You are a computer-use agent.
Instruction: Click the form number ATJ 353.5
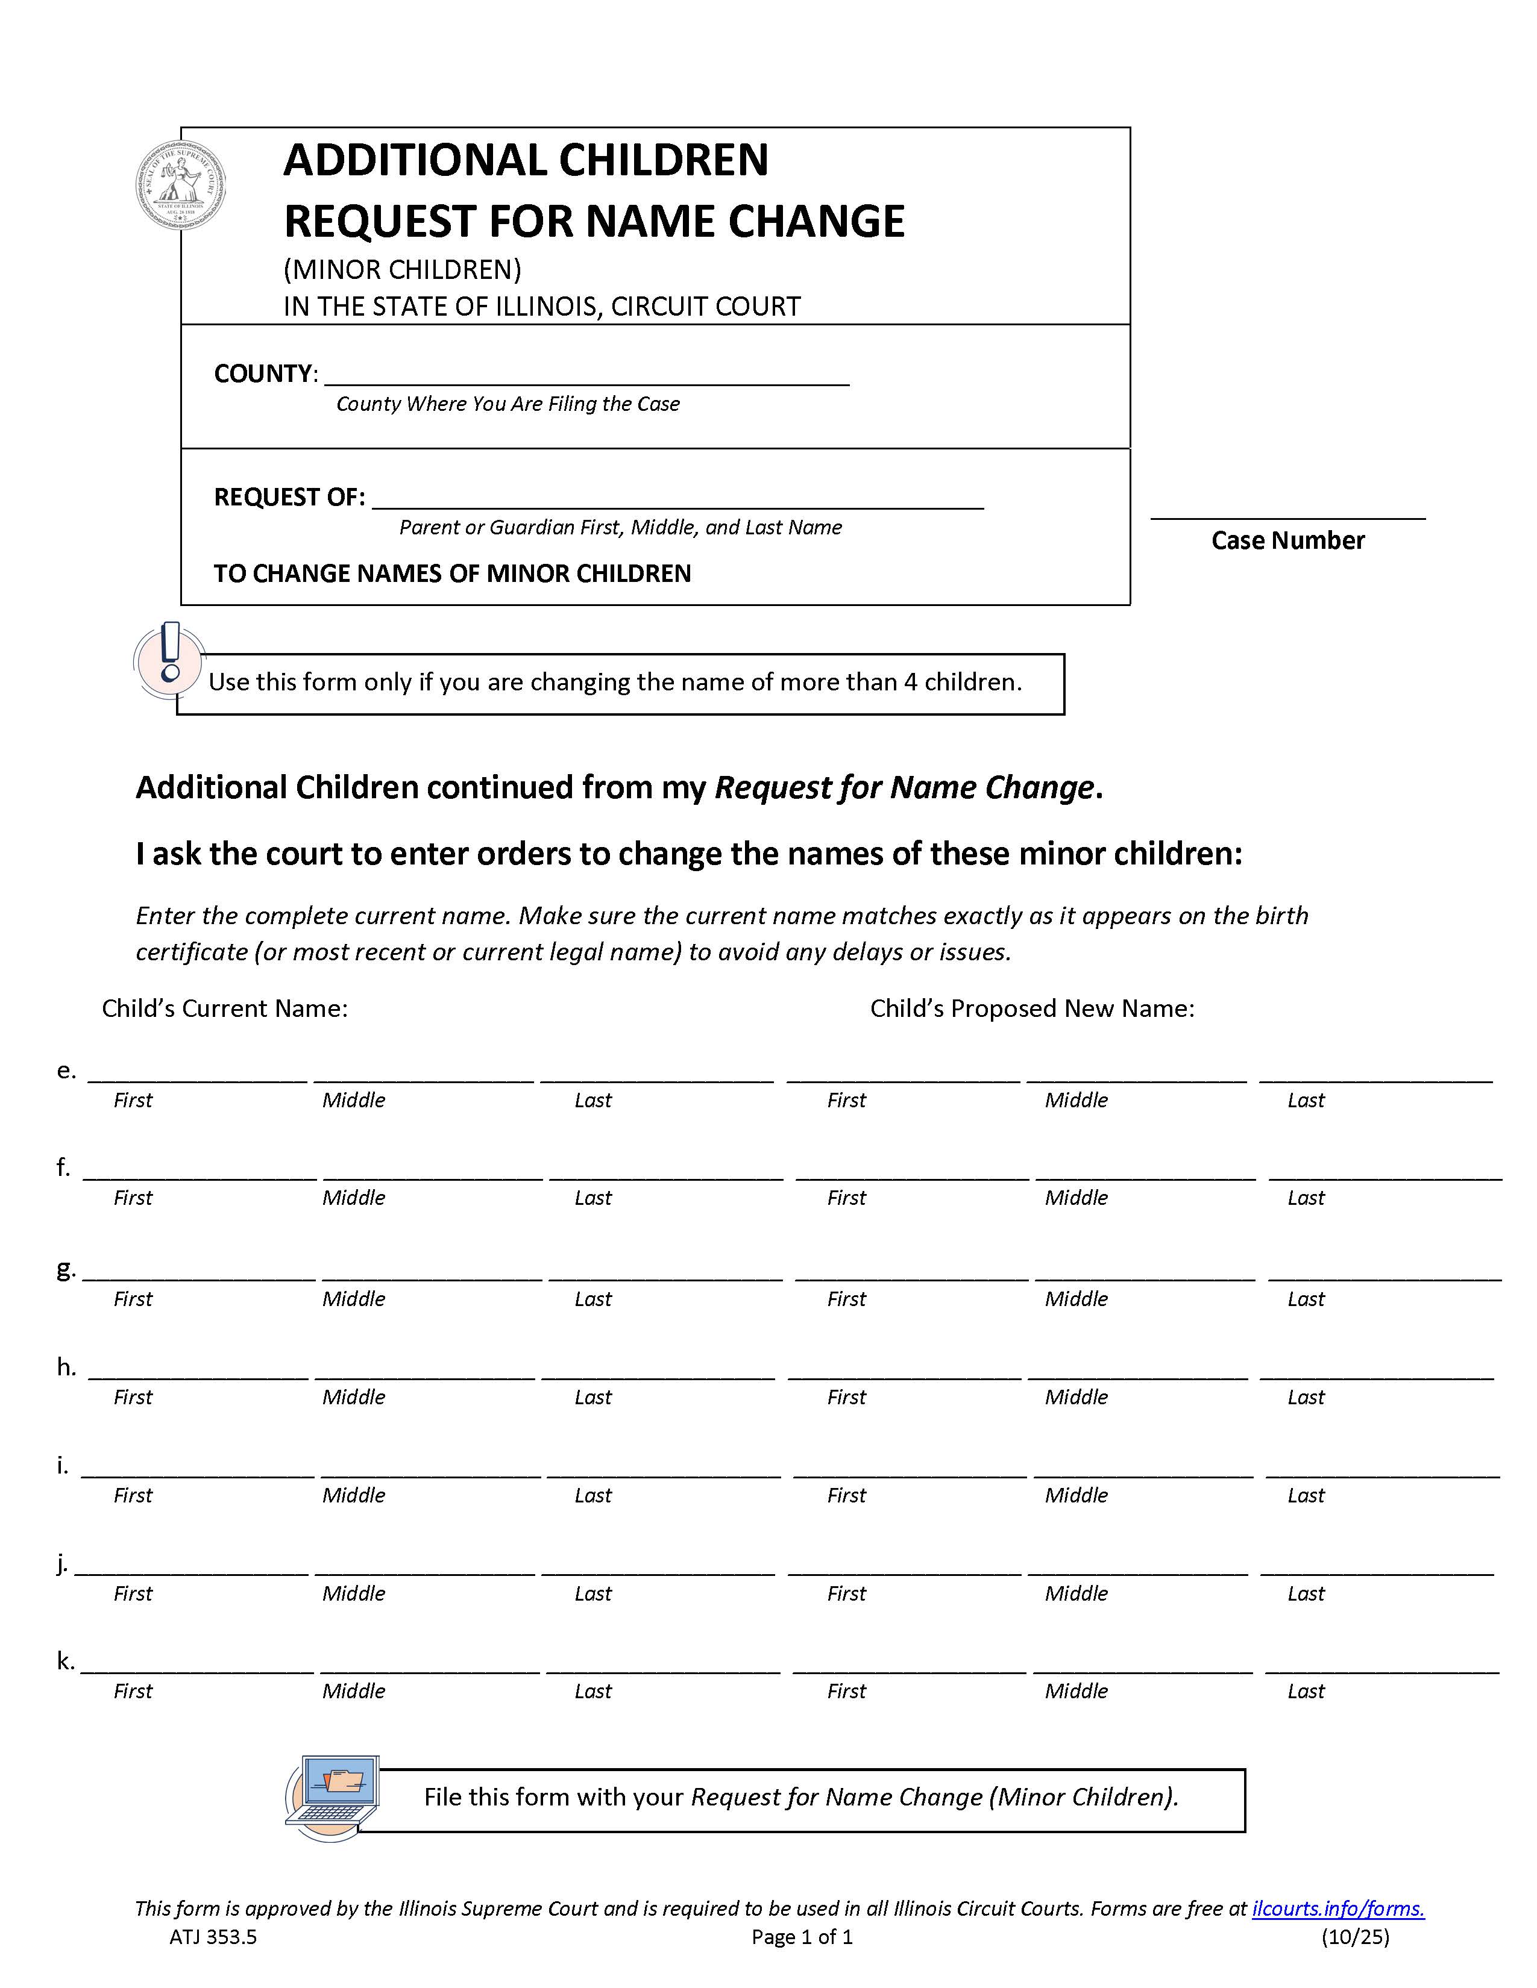pos(213,1937)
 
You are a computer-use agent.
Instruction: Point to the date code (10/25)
pos(1355,1937)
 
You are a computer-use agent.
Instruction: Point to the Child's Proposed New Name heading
pos(1032,1008)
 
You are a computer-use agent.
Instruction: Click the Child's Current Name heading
pos(225,1008)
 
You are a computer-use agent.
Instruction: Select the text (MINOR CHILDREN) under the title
pos(403,269)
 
